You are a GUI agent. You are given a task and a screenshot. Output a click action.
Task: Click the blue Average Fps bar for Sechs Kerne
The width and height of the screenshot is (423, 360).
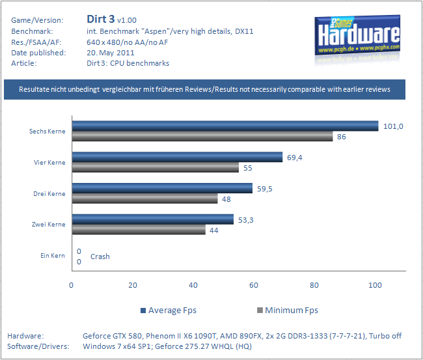click(225, 126)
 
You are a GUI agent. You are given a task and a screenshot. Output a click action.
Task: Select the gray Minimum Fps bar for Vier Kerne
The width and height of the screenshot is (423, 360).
click(155, 167)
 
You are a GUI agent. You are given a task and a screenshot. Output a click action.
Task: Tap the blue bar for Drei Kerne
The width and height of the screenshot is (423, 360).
click(162, 188)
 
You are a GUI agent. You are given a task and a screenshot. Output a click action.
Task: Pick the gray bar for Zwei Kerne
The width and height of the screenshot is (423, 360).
click(139, 230)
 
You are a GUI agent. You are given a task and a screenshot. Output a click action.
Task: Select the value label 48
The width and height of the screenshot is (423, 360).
click(227, 199)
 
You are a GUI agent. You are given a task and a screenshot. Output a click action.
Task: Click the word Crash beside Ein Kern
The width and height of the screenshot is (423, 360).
click(100, 256)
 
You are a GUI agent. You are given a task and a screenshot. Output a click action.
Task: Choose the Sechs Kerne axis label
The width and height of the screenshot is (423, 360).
click(48, 132)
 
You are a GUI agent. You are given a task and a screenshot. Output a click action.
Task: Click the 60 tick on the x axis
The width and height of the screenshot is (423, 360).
click(254, 285)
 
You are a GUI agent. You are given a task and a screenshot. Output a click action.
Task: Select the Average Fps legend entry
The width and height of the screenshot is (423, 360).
click(168, 310)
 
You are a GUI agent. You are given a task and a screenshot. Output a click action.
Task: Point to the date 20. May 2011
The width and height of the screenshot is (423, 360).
click(111, 53)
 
